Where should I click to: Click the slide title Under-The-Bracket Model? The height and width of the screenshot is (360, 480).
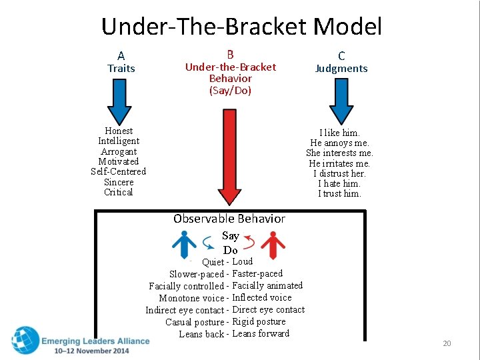click(241, 27)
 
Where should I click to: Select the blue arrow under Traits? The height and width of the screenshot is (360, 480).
click(119, 101)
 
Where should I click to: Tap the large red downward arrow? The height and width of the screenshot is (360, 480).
click(229, 157)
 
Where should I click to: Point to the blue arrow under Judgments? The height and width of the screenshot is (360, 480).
click(341, 101)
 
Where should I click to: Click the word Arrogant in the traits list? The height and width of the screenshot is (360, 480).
click(119, 151)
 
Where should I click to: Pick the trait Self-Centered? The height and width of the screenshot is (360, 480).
click(119, 171)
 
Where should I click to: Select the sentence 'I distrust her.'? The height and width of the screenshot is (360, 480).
click(339, 173)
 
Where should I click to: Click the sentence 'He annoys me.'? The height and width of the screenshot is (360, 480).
click(339, 143)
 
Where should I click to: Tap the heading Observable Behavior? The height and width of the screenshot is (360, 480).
click(229, 219)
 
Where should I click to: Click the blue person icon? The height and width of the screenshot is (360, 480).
click(184, 245)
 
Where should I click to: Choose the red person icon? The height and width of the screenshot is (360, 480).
click(273, 245)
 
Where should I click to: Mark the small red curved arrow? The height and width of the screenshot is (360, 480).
click(250, 242)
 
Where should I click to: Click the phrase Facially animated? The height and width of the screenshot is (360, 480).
click(267, 285)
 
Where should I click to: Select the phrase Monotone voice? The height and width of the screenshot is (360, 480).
click(191, 298)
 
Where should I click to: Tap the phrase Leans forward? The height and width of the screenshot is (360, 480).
click(261, 333)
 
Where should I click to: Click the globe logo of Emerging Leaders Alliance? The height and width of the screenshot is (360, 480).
click(25, 341)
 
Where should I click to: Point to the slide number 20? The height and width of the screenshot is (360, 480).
click(447, 343)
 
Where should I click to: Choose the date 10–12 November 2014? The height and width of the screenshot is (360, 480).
click(91, 351)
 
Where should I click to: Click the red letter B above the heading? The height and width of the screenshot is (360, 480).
click(231, 55)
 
